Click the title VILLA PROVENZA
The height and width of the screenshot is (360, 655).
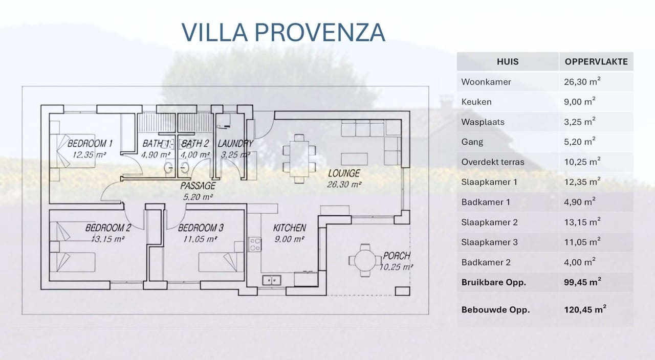pos(283,32)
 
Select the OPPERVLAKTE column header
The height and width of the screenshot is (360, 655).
pos(596,62)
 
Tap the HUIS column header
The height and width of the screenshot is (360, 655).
pos(507,62)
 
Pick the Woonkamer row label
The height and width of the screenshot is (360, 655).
pos(486,82)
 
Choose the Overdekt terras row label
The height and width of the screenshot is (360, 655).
pos(492,162)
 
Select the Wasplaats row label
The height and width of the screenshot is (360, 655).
pos(483,122)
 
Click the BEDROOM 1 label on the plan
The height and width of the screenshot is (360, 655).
pos(90,143)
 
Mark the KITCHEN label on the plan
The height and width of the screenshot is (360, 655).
pos(289,228)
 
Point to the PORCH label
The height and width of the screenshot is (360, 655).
pos(397,256)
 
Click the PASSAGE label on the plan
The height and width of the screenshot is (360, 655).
pos(198,186)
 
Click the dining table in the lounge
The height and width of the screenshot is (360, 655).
pos(299,157)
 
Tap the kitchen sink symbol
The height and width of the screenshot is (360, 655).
pos(272,280)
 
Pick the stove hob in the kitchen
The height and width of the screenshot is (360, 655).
pos(254,244)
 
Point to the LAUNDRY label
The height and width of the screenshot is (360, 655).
pos(235,144)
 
